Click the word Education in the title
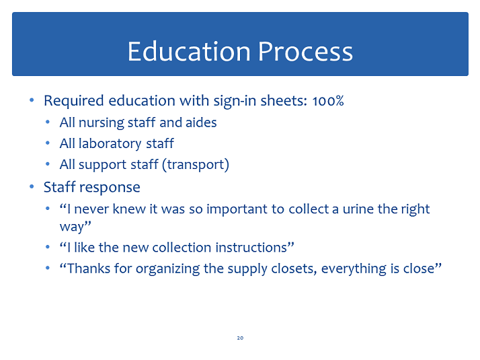[x=189, y=51]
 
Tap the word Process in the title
[x=305, y=51]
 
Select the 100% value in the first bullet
[x=328, y=101]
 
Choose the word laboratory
[x=110, y=144]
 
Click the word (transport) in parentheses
[x=196, y=165]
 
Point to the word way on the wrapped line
[x=72, y=227]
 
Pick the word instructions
[x=251, y=248]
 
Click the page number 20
[x=240, y=338]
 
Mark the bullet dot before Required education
[x=32, y=100]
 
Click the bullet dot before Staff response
[x=32, y=186]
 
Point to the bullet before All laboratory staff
[x=48, y=143]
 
